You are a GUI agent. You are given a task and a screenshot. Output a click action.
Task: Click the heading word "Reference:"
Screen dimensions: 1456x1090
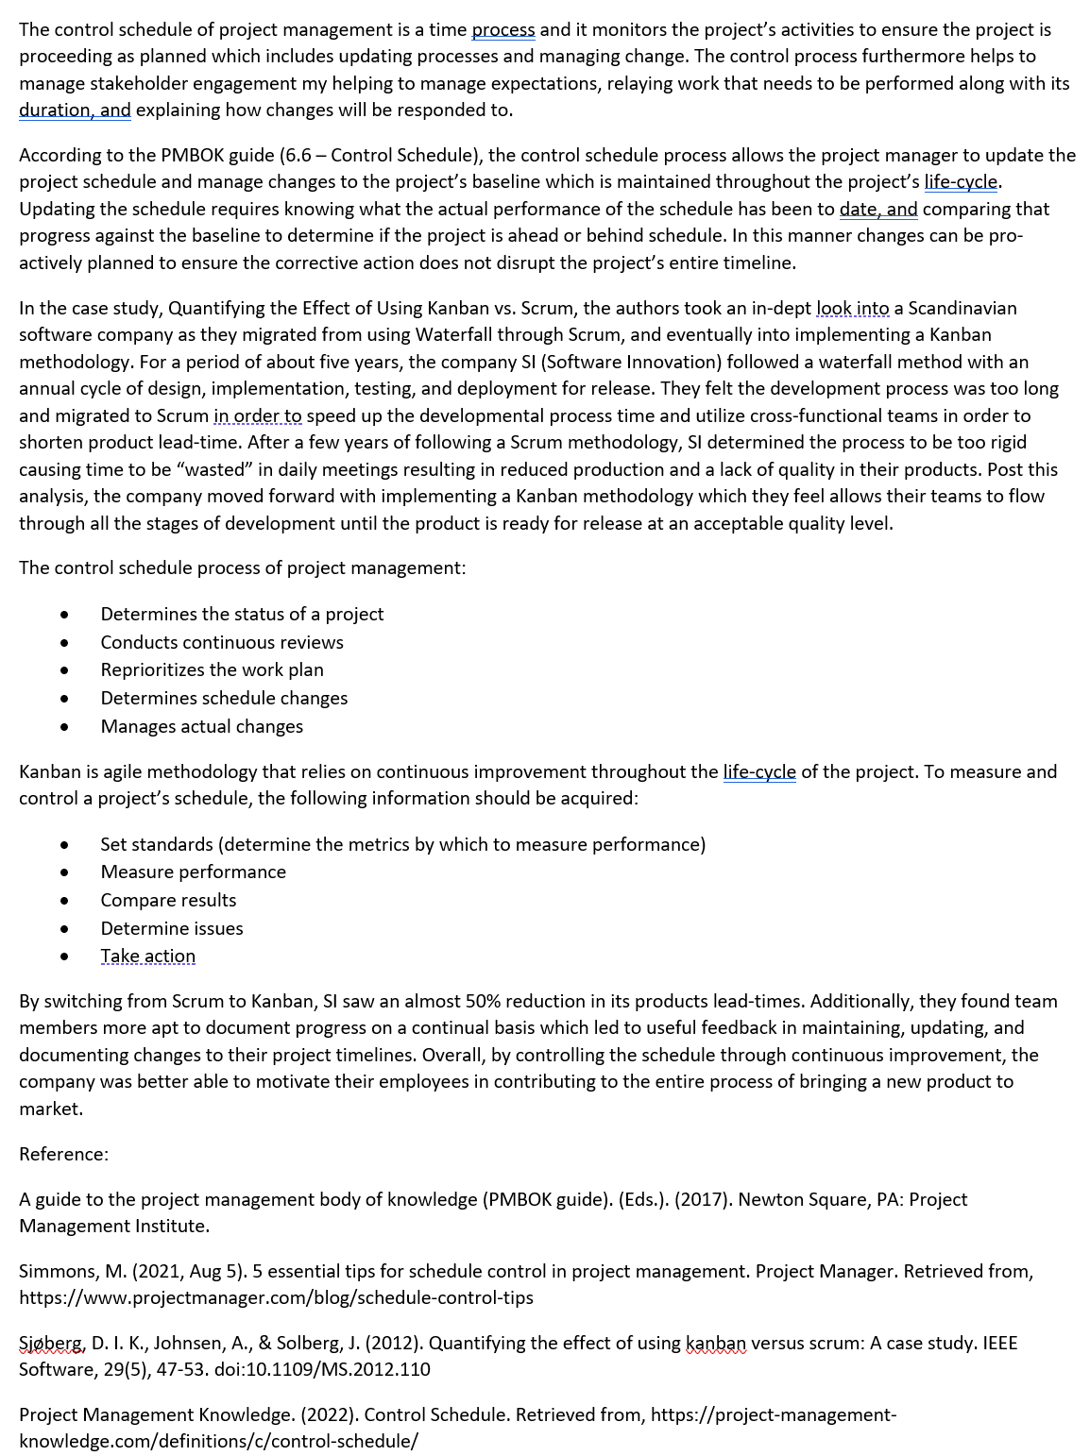coord(63,1154)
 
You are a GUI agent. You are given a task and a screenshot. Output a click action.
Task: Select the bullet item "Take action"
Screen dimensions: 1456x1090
coord(147,956)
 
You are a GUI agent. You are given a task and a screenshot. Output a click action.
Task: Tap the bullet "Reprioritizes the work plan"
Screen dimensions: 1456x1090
coord(212,669)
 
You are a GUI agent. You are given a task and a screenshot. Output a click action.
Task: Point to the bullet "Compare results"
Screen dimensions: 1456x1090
coord(168,900)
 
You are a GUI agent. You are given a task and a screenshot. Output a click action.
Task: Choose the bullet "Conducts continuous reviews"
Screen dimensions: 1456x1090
coord(222,642)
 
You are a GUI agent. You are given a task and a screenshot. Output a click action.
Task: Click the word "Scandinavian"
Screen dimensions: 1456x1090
coord(962,308)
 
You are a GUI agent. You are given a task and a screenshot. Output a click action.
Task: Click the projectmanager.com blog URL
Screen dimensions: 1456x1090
coord(276,1297)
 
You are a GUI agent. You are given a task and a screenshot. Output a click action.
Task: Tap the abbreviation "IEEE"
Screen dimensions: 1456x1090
coord(999,1343)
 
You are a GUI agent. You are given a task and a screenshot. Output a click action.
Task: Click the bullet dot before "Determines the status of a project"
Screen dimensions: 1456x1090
coord(64,615)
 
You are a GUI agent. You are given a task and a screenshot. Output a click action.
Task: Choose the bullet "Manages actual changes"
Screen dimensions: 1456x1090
coord(202,726)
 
